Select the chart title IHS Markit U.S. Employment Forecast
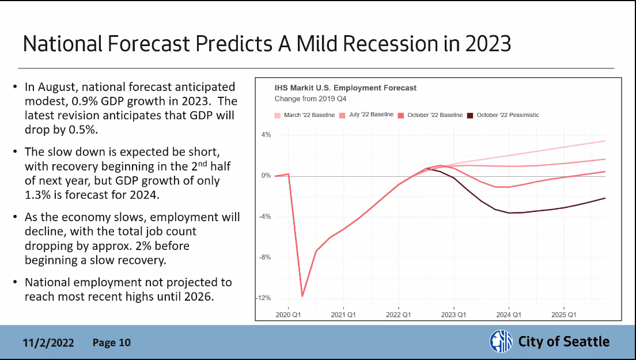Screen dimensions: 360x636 (346, 88)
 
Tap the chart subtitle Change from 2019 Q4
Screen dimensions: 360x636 (306, 98)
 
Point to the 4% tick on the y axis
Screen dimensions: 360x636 (266, 135)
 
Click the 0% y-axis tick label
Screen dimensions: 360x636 (266, 176)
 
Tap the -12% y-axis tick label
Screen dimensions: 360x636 (264, 298)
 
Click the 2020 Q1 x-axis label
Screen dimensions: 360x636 (288, 315)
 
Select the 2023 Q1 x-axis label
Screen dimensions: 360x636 (453, 315)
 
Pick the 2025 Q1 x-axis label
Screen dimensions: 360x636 (563, 315)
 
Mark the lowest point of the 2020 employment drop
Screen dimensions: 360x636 (302, 296)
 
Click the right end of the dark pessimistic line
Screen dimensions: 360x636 (604, 198)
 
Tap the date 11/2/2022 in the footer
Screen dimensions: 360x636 (48, 343)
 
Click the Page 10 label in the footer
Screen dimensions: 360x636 (112, 343)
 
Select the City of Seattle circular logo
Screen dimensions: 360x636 (500, 341)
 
